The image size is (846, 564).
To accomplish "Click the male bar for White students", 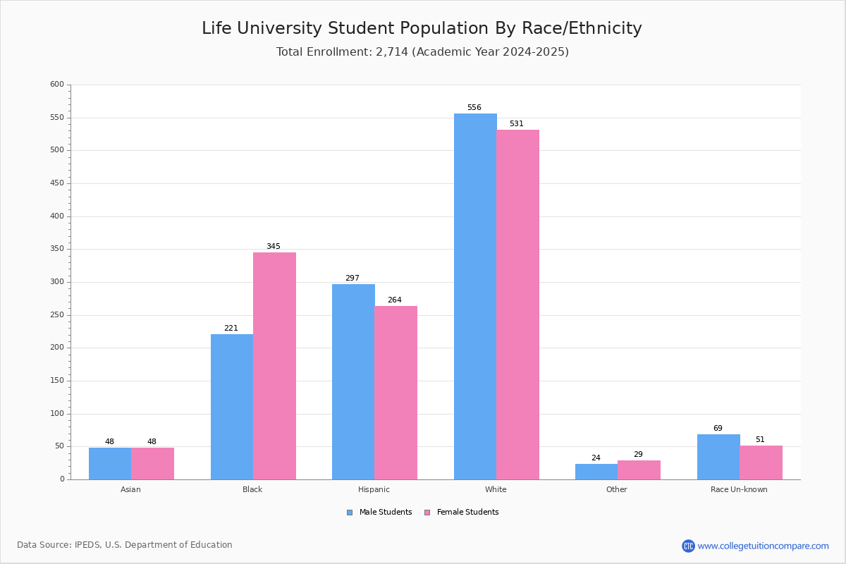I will point(475,296).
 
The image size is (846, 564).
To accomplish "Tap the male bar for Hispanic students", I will point(353,381).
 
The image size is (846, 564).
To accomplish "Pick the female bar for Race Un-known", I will point(761,462).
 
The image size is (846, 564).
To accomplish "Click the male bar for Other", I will point(596,472).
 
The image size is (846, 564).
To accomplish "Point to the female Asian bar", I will point(152,463).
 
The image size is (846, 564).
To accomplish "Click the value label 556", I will point(474,108).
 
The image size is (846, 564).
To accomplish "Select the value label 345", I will point(273,247).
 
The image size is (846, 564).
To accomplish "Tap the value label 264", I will point(394,300).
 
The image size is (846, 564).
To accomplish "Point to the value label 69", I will point(718,429).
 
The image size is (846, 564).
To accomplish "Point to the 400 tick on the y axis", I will point(56,216).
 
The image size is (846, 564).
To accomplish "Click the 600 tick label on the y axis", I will point(56,85).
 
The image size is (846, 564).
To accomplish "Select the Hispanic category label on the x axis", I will point(374,489).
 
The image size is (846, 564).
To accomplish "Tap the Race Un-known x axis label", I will point(739,489).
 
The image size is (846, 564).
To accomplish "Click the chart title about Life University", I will point(422,29).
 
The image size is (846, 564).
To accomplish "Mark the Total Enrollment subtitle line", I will point(422,52).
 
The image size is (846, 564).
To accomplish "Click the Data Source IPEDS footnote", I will point(125,545).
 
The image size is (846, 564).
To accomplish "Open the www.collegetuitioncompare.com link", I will point(763,546).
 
